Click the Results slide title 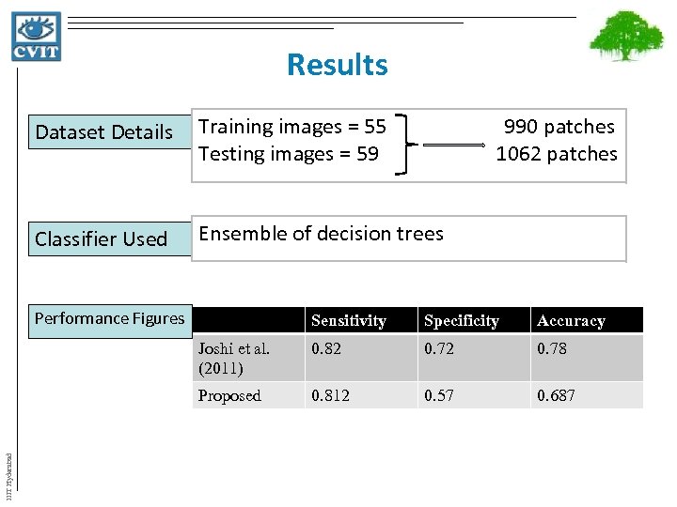[x=337, y=65]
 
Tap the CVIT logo [x=37, y=37]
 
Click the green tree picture [x=625, y=42]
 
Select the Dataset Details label [x=104, y=132]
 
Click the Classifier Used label [x=101, y=239]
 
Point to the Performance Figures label [x=109, y=318]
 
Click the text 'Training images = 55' [x=292, y=127]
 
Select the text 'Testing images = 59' [x=289, y=153]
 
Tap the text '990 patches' [x=559, y=127]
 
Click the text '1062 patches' [x=557, y=153]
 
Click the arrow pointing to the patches [x=452, y=146]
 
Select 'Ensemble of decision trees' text [x=321, y=234]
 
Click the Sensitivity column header [x=349, y=321]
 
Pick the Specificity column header [x=462, y=321]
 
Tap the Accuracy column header [x=571, y=321]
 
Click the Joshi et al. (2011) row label [x=233, y=358]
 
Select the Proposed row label [x=229, y=395]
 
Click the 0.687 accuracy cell [x=555, y=395]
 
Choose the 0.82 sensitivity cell [x=326, y=348]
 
